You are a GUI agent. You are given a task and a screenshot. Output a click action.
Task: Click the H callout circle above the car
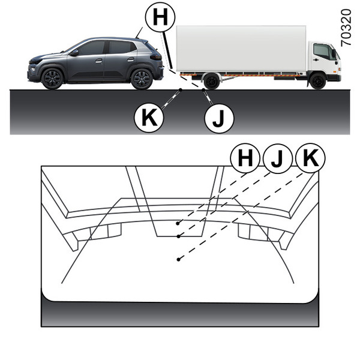160,17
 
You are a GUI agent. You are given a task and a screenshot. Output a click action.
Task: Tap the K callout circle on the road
149,118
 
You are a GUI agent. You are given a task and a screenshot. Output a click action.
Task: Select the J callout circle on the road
219,118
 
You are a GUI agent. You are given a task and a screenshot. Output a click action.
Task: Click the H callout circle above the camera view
245,158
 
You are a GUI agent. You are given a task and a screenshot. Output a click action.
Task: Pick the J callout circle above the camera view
278,158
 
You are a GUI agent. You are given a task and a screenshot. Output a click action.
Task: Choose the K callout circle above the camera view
310,158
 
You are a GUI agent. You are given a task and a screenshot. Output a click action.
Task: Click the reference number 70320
346,28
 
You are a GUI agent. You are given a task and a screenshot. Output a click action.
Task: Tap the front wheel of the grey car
52,79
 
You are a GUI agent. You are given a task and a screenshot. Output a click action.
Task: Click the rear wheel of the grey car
142,79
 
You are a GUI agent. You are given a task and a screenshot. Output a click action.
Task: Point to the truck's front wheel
317,81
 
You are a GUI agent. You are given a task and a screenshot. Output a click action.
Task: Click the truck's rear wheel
211,81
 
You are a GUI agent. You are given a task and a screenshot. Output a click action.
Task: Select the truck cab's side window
322,51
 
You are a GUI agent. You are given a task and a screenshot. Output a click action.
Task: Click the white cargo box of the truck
241,49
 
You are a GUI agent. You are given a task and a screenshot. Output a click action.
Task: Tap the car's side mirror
74,53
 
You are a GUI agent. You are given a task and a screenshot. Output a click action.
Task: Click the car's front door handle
99,61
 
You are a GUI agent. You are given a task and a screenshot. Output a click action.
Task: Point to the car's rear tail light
155,56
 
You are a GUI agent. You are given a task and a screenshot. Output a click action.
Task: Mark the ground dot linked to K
181,90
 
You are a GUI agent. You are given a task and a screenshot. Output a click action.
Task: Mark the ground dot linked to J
203,90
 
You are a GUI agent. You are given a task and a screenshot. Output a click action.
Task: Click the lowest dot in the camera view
178,259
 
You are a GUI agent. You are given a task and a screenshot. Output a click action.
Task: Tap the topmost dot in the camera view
178,223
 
